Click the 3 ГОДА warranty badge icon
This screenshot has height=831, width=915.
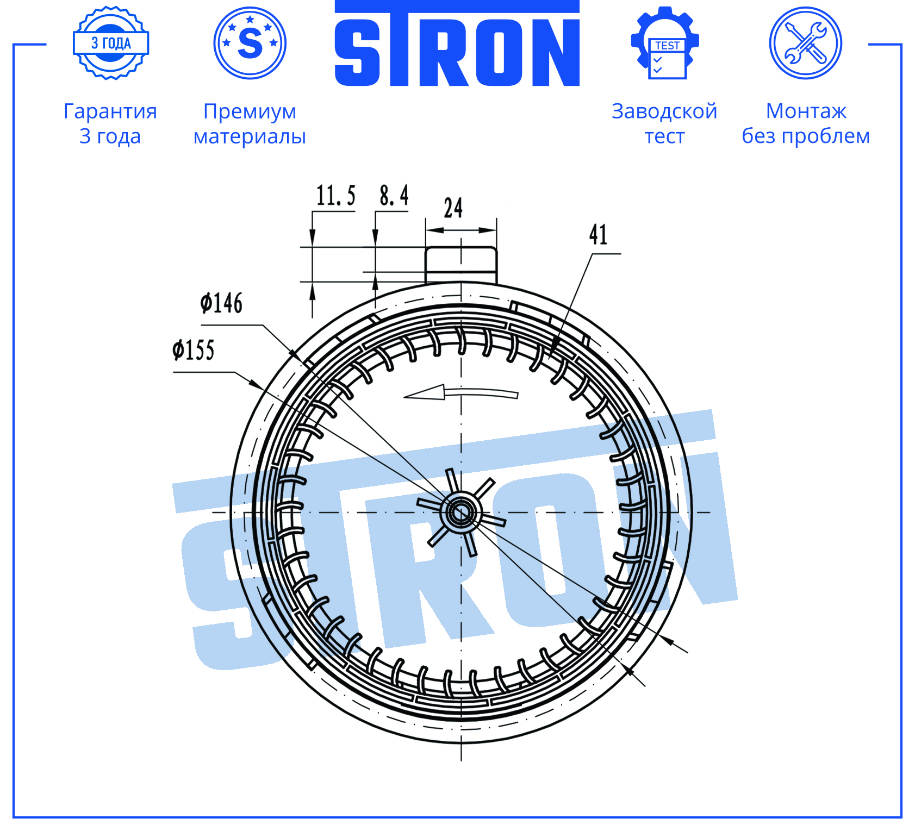(x=111, y=43)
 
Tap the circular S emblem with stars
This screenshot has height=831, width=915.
(x=250, y=43)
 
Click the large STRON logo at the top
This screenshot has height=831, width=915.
(x=457, y=43)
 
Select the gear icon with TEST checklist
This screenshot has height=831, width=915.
(x=665, y=43)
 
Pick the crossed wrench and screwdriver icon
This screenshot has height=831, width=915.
(x=806, y=43)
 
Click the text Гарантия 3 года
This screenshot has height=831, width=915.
(x=110, y=123)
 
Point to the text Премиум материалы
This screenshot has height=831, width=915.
(x=250, y=123)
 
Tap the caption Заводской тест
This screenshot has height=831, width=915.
(x=664, y=123)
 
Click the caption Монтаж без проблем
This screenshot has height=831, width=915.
(x=806, y=123)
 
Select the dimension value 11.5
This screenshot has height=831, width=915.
(x=336, y=196)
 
